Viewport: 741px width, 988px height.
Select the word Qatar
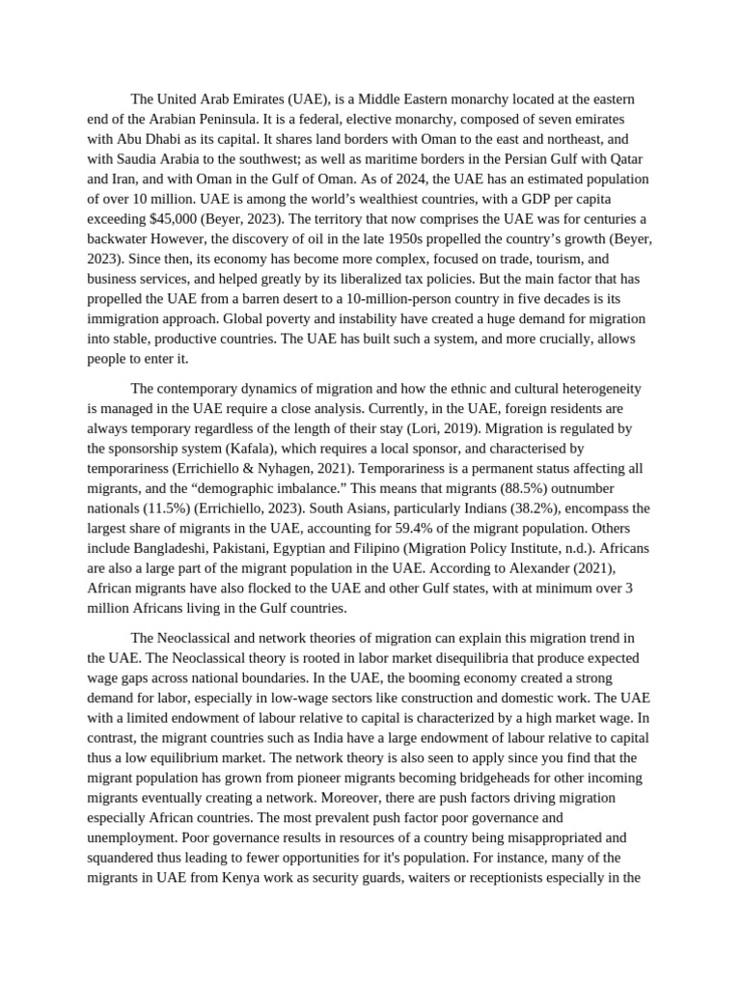pyautogui.click(x=624, y=159)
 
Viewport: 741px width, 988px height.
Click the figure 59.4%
pyautogui.click(x=412, y=529)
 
